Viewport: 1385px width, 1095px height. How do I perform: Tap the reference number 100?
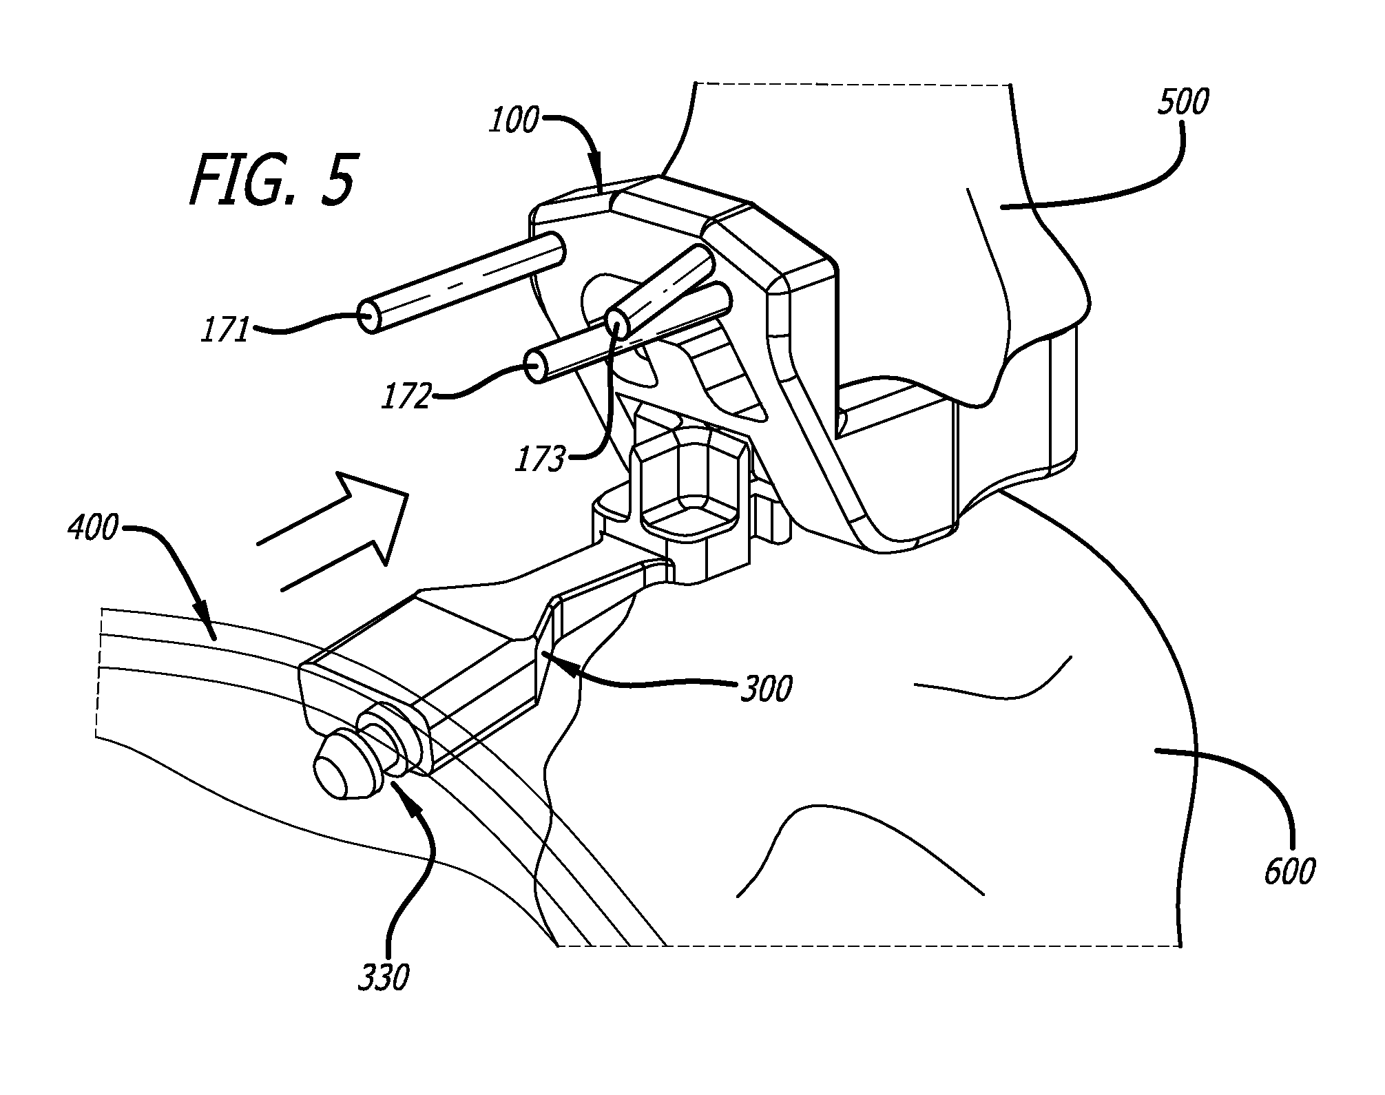[x=513, y=121]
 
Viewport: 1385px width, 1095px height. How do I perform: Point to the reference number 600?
[x=1289, y=871]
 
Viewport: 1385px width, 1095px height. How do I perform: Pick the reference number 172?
[x=407, y=397]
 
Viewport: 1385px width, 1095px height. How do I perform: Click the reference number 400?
[x=93, y=530]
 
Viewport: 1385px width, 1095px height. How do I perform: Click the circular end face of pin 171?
[x=371, y=319]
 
